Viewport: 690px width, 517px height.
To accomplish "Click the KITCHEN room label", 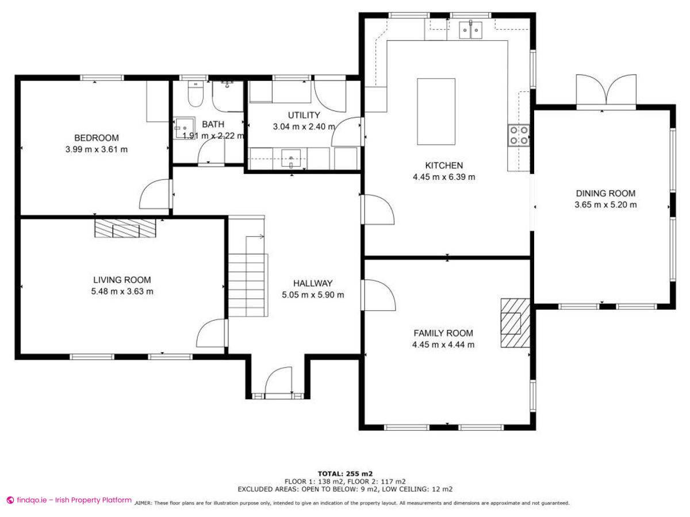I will [443, 165].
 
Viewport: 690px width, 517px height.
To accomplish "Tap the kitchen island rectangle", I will [436, 111].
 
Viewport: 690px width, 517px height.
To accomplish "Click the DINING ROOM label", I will [605, 193].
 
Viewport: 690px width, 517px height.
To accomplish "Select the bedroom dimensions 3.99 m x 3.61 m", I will [97, 149].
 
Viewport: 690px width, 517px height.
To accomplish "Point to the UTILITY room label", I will [304, 115].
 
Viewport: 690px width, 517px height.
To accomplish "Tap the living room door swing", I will [211, 334].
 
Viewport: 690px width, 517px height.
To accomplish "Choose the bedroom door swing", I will [155, 195].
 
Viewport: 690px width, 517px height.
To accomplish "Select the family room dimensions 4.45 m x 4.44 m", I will [443, 345].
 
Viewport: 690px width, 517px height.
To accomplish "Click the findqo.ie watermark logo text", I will [69, 500].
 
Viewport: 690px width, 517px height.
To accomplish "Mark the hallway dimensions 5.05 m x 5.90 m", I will [313, 295].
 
